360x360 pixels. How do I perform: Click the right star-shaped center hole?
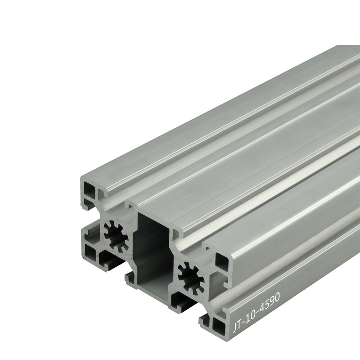point(191,278)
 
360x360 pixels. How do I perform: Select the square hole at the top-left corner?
point(90,190)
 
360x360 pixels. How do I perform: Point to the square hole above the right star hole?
point(222,261)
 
